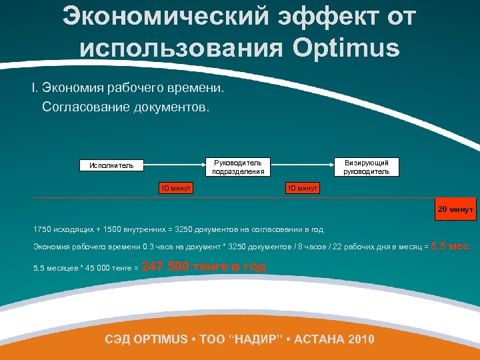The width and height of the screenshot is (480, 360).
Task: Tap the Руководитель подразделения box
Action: (x=238, y=167)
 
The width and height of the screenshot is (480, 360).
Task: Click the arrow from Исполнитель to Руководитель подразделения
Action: (x=174, y=161)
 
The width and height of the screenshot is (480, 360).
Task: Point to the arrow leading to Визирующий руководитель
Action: (x=305, y=161)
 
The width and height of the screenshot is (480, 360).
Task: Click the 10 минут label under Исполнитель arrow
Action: (x=175, y=188)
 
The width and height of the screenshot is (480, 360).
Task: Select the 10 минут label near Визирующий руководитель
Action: (x=302, y=188)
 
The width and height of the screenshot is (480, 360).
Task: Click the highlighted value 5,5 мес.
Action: (x=451, y=246)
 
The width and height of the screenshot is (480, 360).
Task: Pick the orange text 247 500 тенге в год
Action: (x=204, y=267)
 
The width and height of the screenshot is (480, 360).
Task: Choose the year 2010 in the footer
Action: (x=360, y=339)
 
